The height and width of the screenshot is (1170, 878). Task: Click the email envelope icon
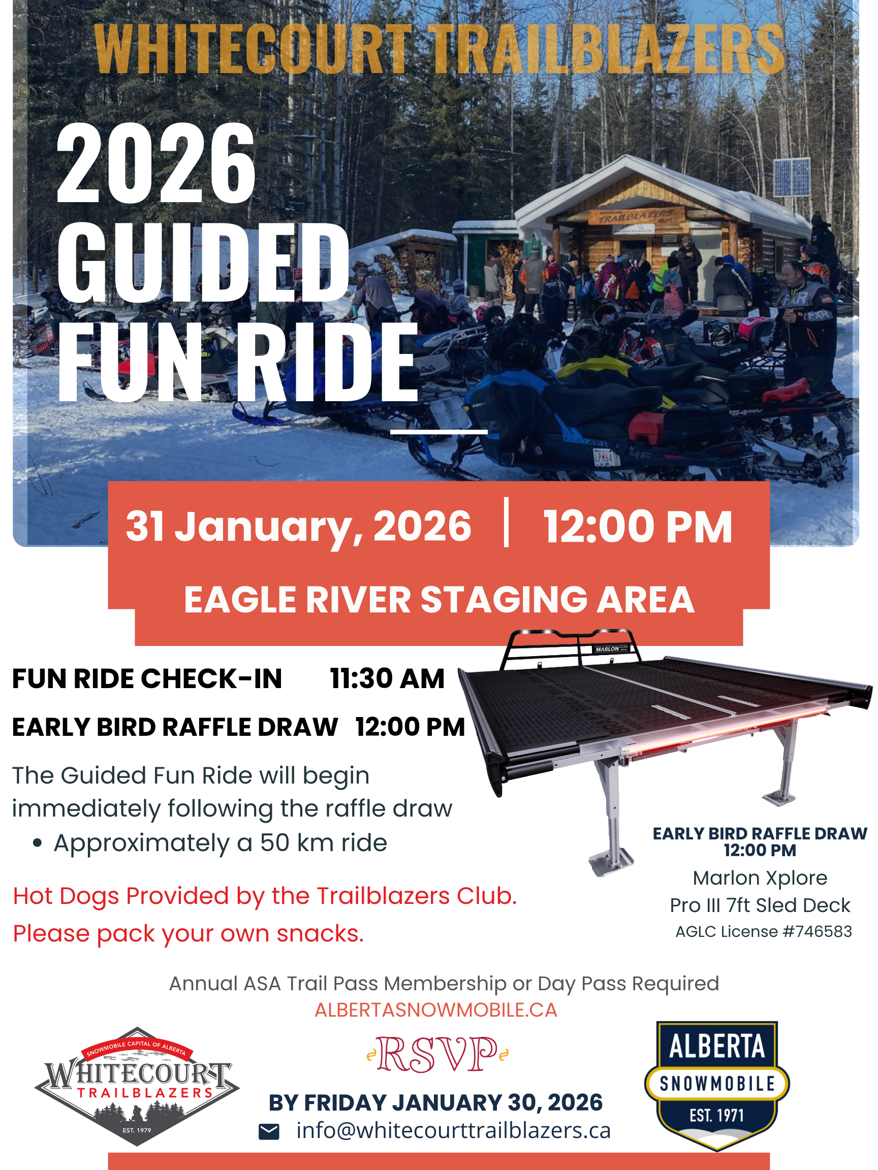pos(269,1132)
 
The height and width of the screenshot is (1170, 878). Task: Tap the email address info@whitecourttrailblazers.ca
pos(453,1130)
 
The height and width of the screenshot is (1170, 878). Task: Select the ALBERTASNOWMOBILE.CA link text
pos(435,1010)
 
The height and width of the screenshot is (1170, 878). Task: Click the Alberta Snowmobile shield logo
pos(716,1086)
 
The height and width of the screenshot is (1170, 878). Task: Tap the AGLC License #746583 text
pos(764,931)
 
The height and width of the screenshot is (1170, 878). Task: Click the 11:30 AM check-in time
pos(387,678)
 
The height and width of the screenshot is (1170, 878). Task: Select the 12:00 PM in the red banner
pos(638,527)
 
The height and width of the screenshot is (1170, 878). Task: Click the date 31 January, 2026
pos(298,527)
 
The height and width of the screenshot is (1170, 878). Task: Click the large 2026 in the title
pos(156,164)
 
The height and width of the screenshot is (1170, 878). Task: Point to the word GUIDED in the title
pos(203,263)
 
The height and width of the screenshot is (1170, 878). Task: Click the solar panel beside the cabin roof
pos(792,177)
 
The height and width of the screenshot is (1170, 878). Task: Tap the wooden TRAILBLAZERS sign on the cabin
pos(636,215)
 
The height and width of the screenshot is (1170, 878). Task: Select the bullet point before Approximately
pos(37,843)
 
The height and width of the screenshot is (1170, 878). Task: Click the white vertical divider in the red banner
pos(507,522)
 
